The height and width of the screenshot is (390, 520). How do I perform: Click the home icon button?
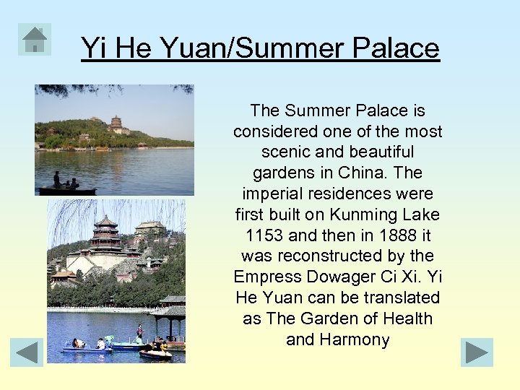click(x=35, y=39)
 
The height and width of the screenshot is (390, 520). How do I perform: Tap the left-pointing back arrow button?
click(x=27, y=352)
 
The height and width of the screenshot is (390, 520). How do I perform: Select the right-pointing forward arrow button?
click(x=477, y=352)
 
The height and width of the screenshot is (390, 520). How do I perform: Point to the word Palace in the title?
click(x=396, y=48)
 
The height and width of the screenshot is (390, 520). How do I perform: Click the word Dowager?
click(x=339, y=277)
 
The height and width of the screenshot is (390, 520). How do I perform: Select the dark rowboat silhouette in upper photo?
click(x=66, y=190)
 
